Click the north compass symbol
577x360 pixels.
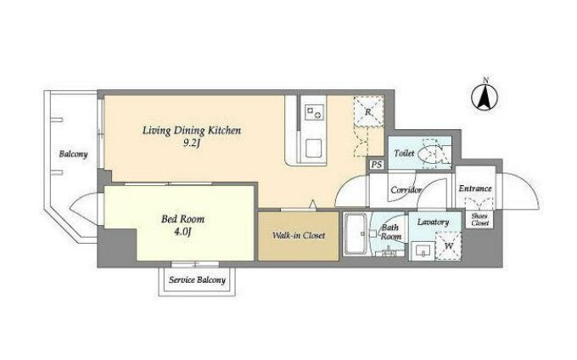click(485, 97)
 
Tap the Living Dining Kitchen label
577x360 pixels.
click(192, 131)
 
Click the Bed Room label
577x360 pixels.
click(183, 219)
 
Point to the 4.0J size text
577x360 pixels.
click(183, 233)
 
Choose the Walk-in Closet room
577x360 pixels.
click(298, 235)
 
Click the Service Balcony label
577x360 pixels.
click(197, 280)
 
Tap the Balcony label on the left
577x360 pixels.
click(73, 154)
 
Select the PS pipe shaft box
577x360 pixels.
click(376, 164)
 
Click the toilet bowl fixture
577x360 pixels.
click(431, 153)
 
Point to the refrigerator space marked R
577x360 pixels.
click(368, 111)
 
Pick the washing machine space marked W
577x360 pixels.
click(449, 246)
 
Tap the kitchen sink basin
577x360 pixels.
click(314, 149)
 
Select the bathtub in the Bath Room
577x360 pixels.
click(355, 234)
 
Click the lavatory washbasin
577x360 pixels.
click(423, 251)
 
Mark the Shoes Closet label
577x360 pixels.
click(480, 220)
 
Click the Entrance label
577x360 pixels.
click(475, 188)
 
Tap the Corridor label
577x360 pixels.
click(406, 190)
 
